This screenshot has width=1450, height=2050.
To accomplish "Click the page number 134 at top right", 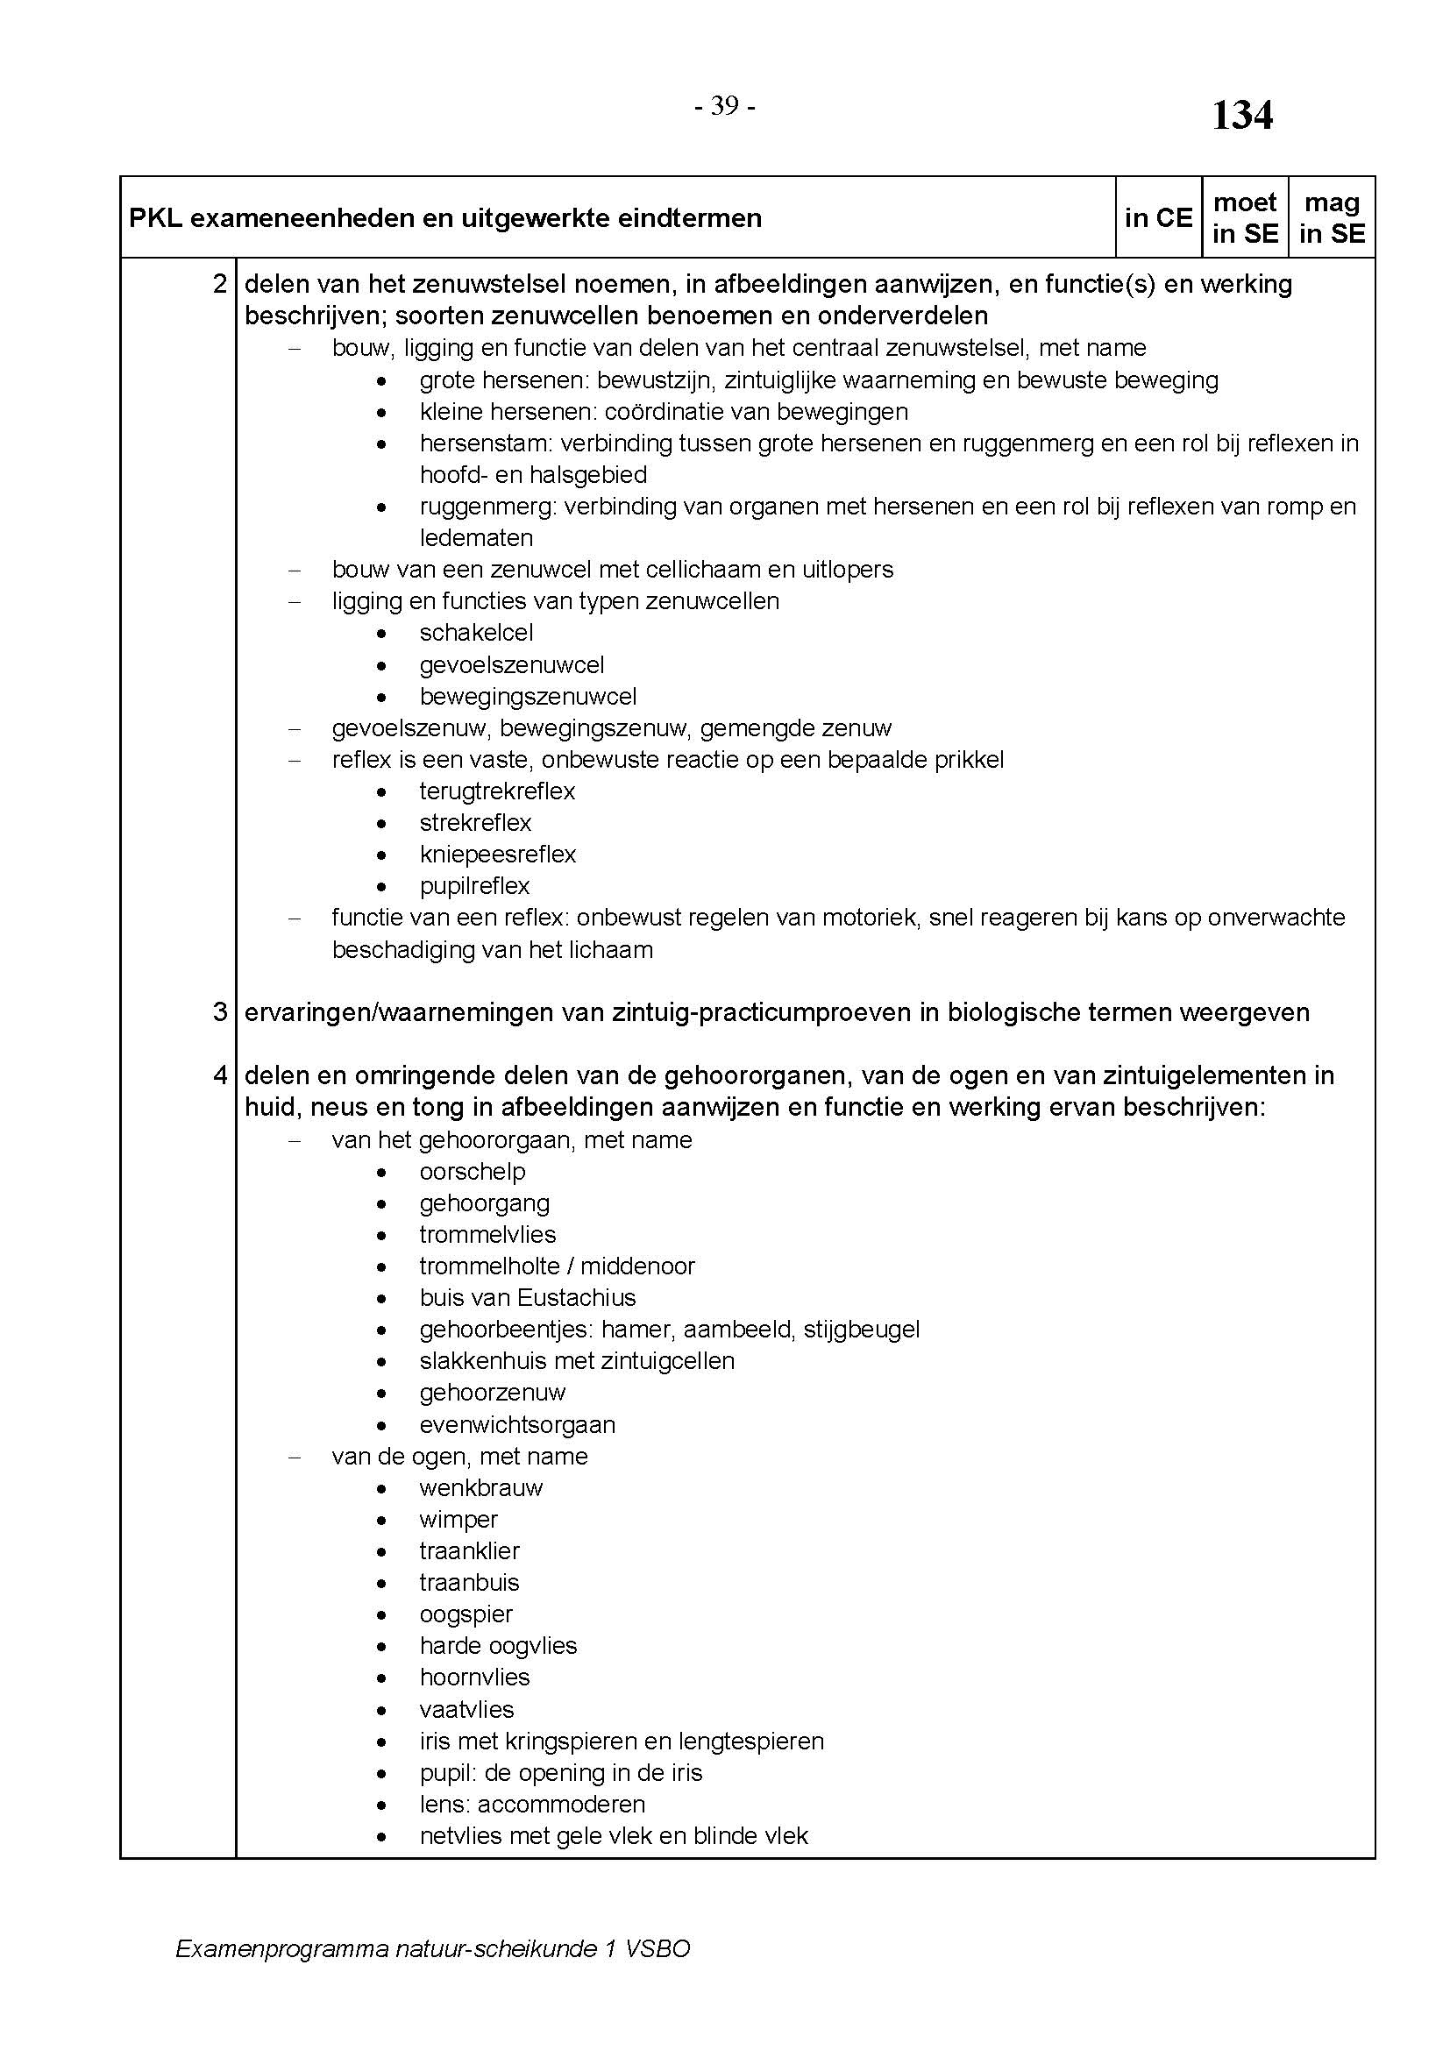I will pyautogui.click(x=1241, y=116).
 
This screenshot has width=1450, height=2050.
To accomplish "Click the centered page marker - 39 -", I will pyautogui.click(x=725, y=106).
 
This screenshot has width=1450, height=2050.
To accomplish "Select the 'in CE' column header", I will pyautogui.click(x=1158, y=218).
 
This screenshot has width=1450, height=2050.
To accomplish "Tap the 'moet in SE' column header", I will pyautogui.click(x=1245, y=218).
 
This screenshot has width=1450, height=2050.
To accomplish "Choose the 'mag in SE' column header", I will pyautogui.click(x=1332, y=218).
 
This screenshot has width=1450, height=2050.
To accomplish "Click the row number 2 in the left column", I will pyautogui.click(x=220, y=284).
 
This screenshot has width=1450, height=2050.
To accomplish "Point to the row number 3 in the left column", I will pyautogui.click(x=220, y=1011).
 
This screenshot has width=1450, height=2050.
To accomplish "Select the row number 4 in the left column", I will pyautogui.click(x=220, y=1075).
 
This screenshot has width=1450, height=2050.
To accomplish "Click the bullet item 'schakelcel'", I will pyautogui.click(x=476, y=633).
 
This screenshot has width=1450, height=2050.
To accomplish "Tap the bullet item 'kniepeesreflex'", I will pyautogui.click(x=497, y=855).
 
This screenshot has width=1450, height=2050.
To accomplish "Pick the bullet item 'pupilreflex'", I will pyautogui.click(x=474, y=886).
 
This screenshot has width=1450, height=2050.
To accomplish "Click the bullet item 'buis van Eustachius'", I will pyautogui.click(x=527, y=1297).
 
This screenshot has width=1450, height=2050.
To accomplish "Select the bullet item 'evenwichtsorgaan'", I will pyautogui.click(x=517, y=1424).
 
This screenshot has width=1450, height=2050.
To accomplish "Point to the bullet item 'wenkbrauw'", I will pyautogui.click(x=480, y=1487).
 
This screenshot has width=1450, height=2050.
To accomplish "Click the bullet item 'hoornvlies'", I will pyautogui.click(x=474, y=1677).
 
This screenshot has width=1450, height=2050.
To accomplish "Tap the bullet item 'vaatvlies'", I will pyautogui.click(x=466, y=1709).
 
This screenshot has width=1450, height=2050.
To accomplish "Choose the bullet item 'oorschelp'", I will pyautogui.click(x=473, y=1172).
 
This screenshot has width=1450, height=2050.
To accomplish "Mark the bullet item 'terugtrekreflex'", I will pyautogui.click(x=497, y=791).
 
